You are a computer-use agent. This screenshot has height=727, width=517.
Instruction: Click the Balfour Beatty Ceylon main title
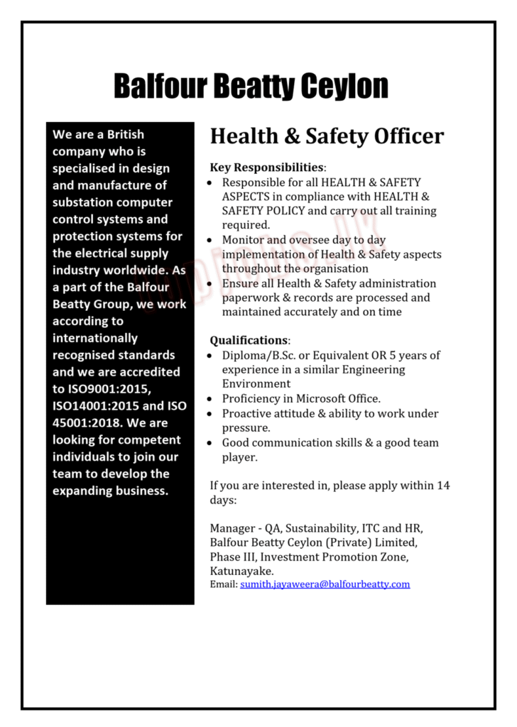click(251, 86)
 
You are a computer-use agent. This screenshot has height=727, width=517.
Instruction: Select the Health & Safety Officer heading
click(327, 136)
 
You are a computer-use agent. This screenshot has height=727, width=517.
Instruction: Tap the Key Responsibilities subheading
click(266, 168)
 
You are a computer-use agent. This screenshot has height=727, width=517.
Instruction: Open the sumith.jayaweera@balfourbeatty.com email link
click(325, 584)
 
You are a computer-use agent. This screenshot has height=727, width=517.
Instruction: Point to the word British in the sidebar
click(126, 134)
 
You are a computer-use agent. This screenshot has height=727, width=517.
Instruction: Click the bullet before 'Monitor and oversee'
click(210, 241)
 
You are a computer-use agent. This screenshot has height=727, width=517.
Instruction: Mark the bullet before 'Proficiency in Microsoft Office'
click(210, 399)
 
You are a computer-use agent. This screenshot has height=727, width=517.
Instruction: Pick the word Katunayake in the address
click(241, 572)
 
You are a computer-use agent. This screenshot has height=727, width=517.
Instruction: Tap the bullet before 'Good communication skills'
click(210, 443)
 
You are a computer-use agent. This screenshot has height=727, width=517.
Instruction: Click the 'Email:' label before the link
click(223, 584)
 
